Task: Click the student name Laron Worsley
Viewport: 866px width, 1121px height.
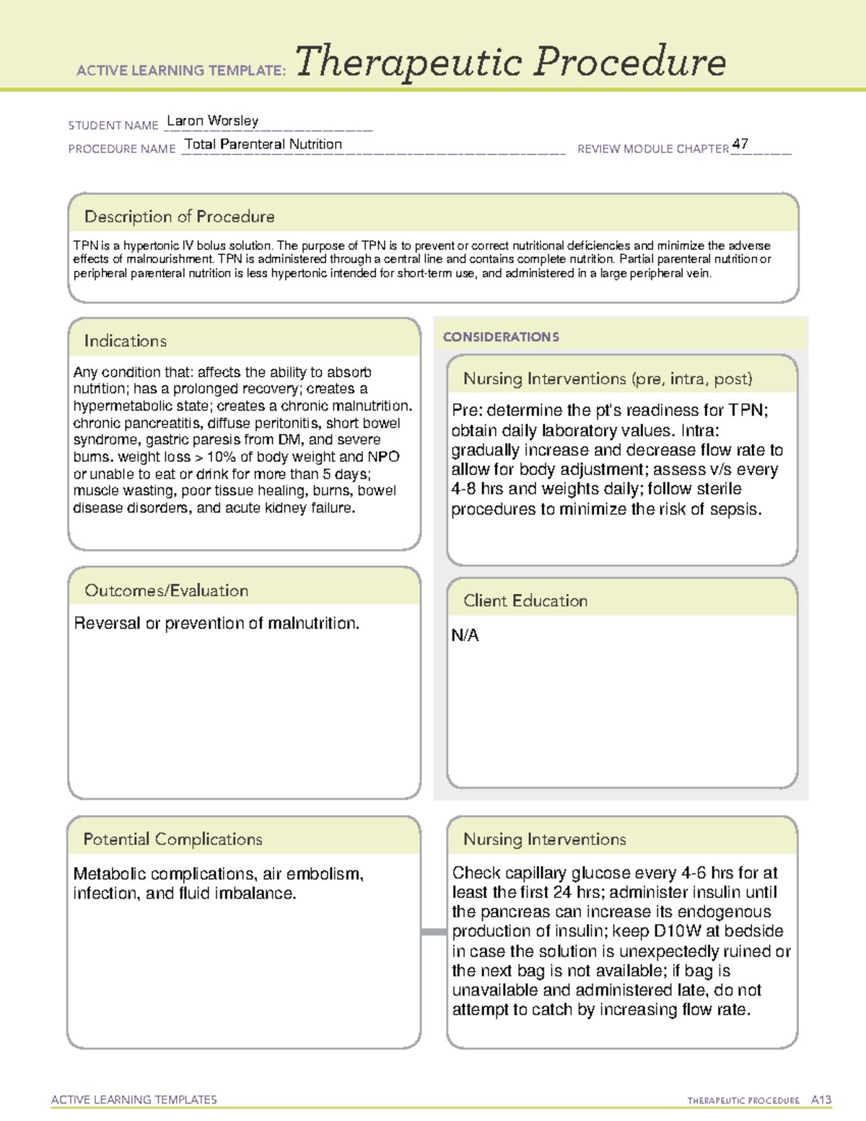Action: click(x=212, y=121)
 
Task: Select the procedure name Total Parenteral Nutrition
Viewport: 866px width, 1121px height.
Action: click(x=263, y=144)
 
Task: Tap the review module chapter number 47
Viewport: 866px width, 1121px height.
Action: click(x=740, y=144)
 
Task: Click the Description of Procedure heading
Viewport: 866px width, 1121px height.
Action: click(x=179, y=217)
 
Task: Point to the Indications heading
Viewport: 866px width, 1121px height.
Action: click(x=125, y=341)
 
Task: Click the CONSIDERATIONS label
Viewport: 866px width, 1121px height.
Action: click(x=501, y=336)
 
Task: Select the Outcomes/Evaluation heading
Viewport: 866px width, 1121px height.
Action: click(x=166, y=590)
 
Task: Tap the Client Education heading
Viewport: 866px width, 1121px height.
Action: click(x=525, y=601)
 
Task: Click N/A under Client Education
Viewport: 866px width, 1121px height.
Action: click(x=465, y=635)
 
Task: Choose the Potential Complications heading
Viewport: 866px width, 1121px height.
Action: click(x=172, y=839)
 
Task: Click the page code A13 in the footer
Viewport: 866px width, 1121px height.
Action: click(x=821, y=1099)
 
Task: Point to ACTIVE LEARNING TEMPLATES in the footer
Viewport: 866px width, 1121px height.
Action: click(x=134, y=1099)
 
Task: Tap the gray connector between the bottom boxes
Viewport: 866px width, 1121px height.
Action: click(x=433, y=932)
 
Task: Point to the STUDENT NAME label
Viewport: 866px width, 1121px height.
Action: click(x=113, y=125)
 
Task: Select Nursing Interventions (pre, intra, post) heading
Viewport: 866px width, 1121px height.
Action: click(x=608, y=379)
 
